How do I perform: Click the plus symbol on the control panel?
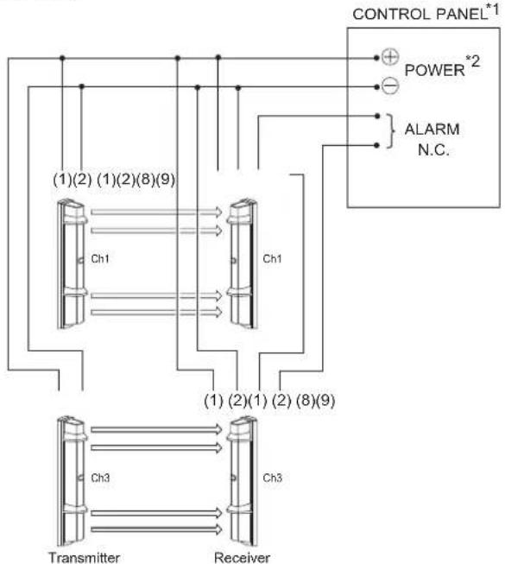coord(390,57)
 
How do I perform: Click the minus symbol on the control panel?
coord(390,86)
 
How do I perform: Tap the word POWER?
coord(434,70)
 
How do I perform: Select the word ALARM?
coord(432,130)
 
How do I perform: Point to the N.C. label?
coord(433,149)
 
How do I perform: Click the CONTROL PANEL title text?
coord(420,15)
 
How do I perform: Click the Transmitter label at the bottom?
coord(84,558)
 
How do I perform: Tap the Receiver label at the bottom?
coord(243,558)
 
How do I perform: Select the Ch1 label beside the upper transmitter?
coord(100,258)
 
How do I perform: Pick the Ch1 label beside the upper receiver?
coord(272,258)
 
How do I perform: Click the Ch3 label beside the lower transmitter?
coord(100,478)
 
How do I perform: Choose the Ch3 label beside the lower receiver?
coord(272,478)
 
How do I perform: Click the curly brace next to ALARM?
coord(391,131)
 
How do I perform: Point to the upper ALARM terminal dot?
coord(376,116)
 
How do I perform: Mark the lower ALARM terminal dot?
coord(376,145)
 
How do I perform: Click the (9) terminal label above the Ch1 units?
coord(166,179)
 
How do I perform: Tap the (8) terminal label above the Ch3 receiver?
coord(306,400)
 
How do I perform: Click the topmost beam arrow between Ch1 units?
coord(156,212)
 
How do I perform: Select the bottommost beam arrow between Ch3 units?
coord(156,529)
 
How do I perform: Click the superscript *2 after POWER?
coord(473,61)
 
